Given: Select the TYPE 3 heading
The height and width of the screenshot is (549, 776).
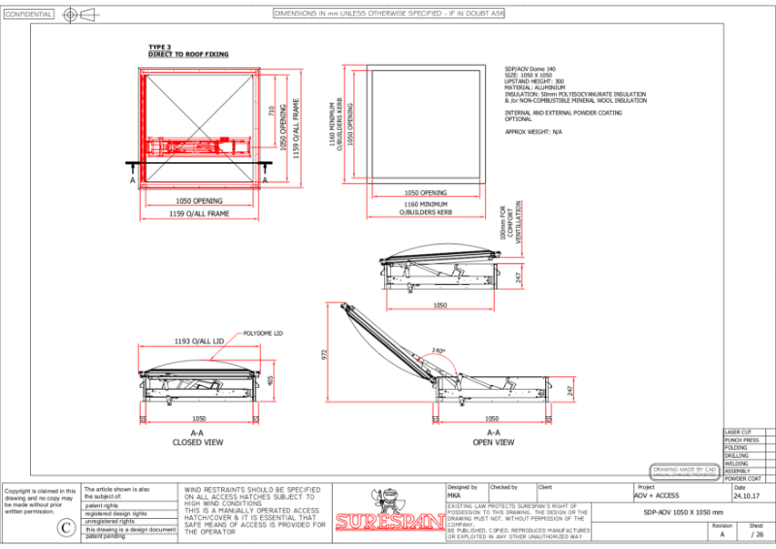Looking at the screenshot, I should point(159,48).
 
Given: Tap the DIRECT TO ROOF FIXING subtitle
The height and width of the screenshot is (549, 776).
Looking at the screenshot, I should point(188,54).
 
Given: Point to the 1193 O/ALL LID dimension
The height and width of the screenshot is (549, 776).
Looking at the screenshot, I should point(199,342).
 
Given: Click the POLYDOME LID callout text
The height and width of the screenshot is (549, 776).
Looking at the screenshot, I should point(263,333).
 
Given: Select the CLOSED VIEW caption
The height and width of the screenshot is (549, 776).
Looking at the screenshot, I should point(198,442).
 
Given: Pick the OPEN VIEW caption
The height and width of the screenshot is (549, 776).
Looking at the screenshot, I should point(493,442).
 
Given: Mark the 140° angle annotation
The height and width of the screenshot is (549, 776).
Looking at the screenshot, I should point(439,350).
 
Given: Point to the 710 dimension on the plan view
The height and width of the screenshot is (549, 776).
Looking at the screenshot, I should point(272,112).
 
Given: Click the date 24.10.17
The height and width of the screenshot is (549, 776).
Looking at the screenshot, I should point(747,496).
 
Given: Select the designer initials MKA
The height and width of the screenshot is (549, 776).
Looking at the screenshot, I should point(454,496).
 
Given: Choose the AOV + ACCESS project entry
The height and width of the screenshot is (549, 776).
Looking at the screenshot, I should point(657,496).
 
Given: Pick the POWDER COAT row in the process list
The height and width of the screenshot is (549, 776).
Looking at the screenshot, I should point(742,478).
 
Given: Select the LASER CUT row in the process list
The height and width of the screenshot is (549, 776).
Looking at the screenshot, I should point(739,432).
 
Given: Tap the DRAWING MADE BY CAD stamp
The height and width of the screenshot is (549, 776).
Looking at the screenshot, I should point(685,470).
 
